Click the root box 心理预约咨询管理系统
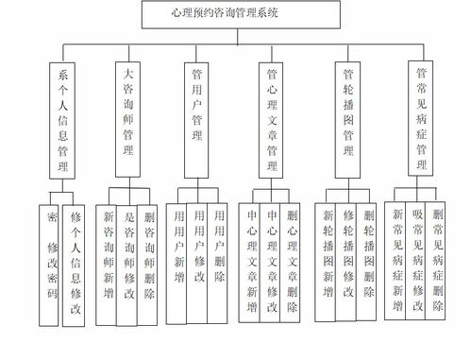click(x=231, y=14)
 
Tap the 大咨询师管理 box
click(x=128, y=117)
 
